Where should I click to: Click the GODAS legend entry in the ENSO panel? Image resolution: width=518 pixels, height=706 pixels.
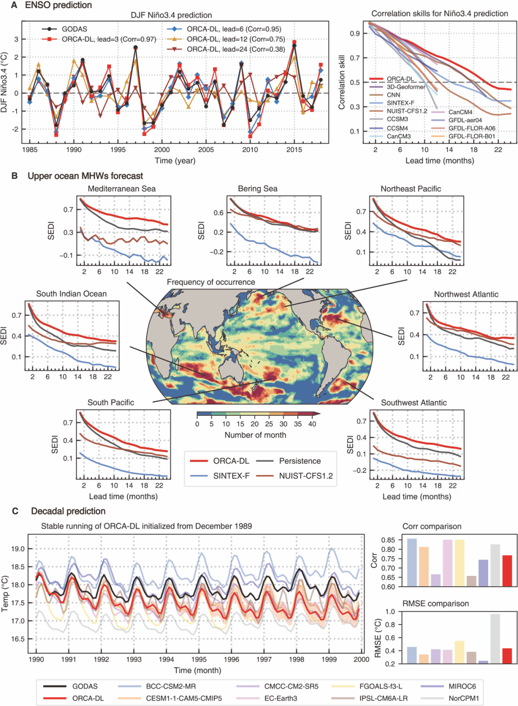click(x=74, y=29)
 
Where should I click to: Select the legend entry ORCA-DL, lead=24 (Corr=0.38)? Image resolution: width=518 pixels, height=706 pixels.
click(x=235, y=49)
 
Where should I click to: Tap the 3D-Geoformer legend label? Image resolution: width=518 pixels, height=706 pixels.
click(x=406, y=87)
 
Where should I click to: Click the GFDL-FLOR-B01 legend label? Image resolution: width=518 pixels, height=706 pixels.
click(x=471, y=136)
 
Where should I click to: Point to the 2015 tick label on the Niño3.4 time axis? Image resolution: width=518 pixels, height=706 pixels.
click(x=294, y=150)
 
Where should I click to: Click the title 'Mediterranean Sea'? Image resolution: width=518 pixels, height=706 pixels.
click(x=122, y=189)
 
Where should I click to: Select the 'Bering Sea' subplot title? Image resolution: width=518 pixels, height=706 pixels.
click(x=258, y=189)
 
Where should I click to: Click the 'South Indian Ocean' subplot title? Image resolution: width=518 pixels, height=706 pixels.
click(x=71, y=294)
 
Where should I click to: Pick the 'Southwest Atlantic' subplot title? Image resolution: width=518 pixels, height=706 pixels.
click(x=413, y=403)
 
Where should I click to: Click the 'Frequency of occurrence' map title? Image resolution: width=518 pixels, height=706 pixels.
click(x=211, y=282)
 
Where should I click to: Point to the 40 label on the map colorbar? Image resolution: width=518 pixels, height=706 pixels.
click(x=312, y=424)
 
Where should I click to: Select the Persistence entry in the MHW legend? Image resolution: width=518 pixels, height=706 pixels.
click(x=300, y=461)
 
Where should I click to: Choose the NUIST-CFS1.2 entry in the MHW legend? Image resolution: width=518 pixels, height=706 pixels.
click(x=306, y=476)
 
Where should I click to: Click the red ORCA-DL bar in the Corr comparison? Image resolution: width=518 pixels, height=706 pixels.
click(x=507, y=571)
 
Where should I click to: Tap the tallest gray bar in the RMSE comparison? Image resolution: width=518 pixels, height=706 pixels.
click(x=495, y=638)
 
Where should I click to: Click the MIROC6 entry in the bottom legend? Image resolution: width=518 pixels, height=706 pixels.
click(x=462, y=686)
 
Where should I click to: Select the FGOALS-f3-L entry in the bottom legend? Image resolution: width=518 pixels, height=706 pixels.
click(x=380, y=686)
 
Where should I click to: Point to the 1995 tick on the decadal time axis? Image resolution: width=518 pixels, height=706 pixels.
click(x=199, y=659)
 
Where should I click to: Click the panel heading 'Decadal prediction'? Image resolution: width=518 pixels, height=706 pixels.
click(x=68, y=511)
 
